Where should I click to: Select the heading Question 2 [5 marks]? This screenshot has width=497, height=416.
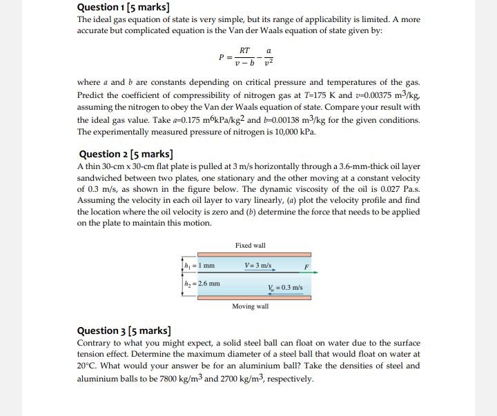point(126,154)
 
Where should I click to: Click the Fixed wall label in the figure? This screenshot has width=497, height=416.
point(250,246)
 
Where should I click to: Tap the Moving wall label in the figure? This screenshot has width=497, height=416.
point(250,306)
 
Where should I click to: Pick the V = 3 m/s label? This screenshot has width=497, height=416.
point(259,266)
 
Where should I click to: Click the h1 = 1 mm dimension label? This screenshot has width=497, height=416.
point(201,266)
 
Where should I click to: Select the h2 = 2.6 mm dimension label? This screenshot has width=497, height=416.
point(202,283)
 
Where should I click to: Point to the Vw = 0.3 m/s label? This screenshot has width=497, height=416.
point(284,288)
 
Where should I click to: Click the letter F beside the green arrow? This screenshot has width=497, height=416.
point(306,266)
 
